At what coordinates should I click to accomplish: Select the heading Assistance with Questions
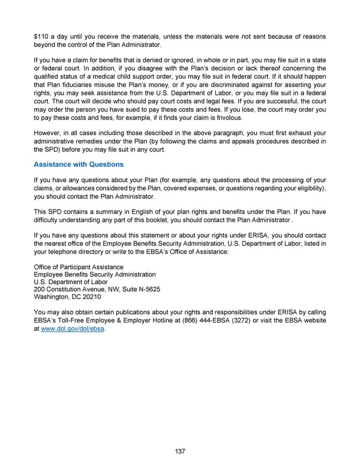click(x=79, y=165)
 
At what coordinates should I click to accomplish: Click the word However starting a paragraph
click(x=50, y=133)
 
